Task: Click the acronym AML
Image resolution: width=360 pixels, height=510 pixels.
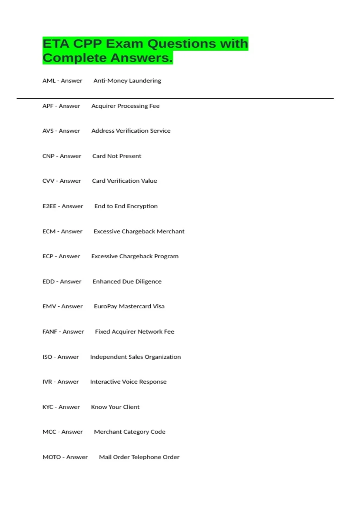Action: coord(49,81)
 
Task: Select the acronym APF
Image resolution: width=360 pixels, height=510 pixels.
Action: coord(48,106)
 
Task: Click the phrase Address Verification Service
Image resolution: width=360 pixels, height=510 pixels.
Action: coord(131,131)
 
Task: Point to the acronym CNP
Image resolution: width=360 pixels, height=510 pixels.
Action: coord(48,156)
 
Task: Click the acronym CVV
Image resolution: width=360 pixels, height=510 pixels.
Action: coord(48,181)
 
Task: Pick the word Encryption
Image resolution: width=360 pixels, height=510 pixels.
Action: coord(142,206)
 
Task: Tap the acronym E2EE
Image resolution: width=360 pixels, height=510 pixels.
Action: coord(49,206)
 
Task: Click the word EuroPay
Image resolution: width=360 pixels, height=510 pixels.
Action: coord(105,306)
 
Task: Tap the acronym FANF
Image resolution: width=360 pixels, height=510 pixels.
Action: coord(50,331)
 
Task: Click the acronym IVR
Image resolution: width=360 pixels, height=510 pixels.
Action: coord(47,382)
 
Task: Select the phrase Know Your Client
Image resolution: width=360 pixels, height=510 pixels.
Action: coord(115,407)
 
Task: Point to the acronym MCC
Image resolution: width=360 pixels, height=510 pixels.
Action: coord(49,432)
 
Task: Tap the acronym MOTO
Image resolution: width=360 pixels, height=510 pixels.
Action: coord(52,457)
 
